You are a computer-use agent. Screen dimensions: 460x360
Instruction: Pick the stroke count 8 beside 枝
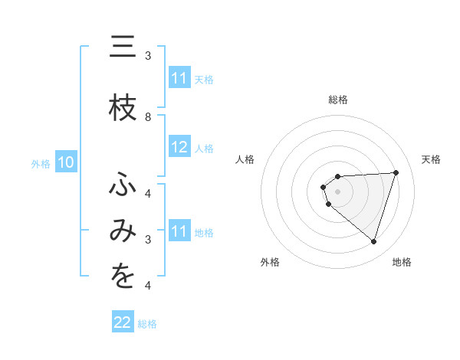coord(148,117)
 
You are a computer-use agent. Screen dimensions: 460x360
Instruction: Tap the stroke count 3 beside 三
coord(148,56)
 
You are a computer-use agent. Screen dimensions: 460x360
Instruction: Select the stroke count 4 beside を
coord(148,286)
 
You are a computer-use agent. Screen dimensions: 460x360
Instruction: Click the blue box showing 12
coord(179,148)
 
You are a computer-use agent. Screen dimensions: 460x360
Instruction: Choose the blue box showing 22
coord(123,322)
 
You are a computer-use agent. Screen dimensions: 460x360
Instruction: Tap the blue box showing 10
coord(66,162)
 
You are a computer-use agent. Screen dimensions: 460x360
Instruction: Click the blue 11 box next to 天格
coord(179,78)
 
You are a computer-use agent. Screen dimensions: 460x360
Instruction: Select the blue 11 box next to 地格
coord(179,231)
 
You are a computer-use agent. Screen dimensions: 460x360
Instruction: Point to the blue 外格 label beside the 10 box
coord(41,163)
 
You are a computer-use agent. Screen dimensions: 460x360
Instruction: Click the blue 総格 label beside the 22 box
coord(147,324)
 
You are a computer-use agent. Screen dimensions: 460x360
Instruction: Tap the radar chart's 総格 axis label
coord(338,100)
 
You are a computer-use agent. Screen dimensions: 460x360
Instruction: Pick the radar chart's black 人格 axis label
coord(245,159)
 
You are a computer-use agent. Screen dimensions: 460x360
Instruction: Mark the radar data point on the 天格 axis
coord(396,172)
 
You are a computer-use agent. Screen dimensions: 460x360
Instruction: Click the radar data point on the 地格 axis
coord(373,241)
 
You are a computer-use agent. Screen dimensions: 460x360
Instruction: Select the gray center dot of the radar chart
coord(337,191)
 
